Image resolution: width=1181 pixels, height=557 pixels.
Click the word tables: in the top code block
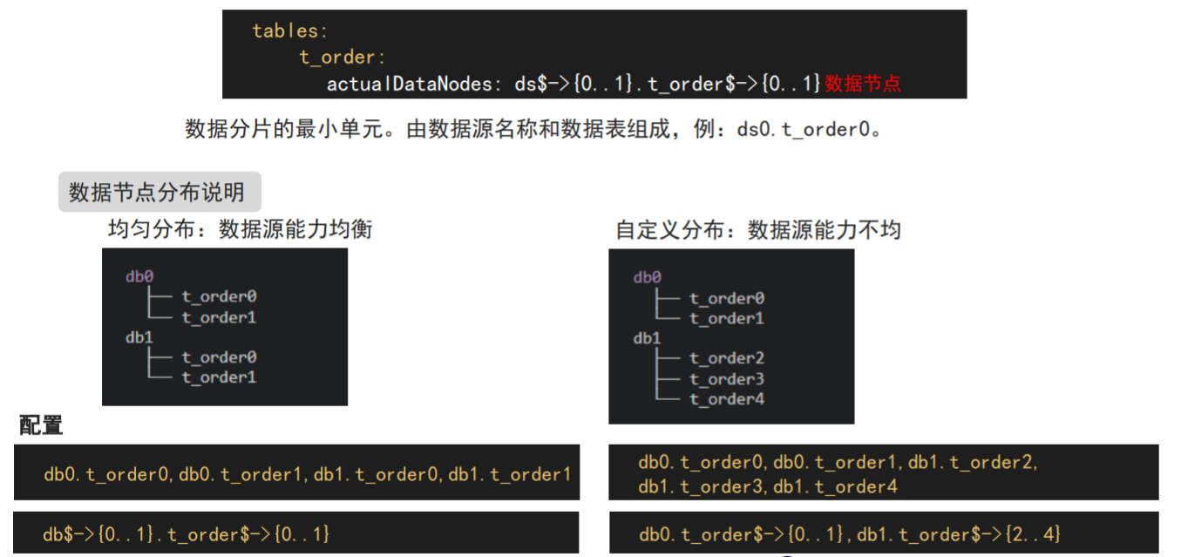pos(290,31)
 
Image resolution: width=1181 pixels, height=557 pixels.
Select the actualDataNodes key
pos(409,84)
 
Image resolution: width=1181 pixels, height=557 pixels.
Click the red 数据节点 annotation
pos(863,84)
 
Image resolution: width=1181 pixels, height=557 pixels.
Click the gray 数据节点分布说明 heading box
pos(159,192)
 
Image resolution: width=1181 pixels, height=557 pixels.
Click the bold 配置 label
pos(41,426)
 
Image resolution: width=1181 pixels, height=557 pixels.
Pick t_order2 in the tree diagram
pos(727,358)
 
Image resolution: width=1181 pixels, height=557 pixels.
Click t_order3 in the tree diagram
pos(727,379)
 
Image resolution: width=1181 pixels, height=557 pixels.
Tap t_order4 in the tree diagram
pos(727,399)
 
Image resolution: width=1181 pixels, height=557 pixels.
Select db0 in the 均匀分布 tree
pos(139,276)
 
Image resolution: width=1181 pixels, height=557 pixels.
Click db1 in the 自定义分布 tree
pos(648,338)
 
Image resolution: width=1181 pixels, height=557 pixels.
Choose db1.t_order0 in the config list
pos(377,474)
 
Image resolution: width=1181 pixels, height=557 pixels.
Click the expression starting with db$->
pos(187,533)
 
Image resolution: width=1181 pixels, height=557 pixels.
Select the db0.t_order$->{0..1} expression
pos(742,533)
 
